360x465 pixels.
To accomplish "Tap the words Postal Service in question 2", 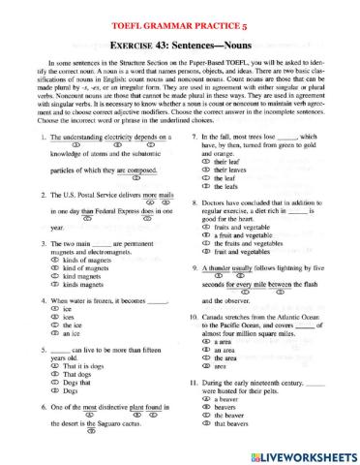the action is [x=101, y=194].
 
